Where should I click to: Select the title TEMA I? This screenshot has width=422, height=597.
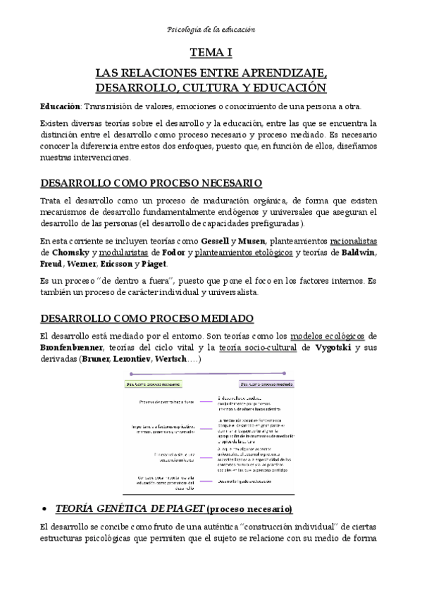click(211, 52)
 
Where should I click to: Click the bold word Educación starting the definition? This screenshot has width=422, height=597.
click(59, 106)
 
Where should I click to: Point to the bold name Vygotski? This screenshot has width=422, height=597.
click(331, 348)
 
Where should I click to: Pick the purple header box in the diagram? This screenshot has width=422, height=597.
click(266, 384)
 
